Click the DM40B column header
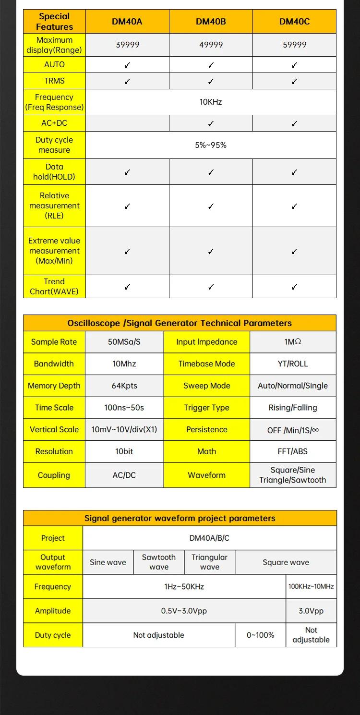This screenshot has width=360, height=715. [x=211, y=22]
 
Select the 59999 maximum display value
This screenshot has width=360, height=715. [x=294, y=45]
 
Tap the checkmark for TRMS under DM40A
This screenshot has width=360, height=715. [x=127, y=81]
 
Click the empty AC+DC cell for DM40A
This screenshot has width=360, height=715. [x=127, y=123]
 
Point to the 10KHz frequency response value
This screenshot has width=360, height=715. [x=211, y=102]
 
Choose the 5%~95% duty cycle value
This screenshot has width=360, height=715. [x=211, y=145]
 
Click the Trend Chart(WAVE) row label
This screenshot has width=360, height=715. [x=54, y=287]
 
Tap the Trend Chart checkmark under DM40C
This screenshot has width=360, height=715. [x=294, y=287]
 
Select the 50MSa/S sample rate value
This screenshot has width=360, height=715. [x=124, y=342]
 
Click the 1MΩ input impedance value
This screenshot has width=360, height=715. [x=293, y=342]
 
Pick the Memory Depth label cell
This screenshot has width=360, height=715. [x=54, y=386]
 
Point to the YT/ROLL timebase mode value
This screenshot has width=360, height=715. [x=293, y=364]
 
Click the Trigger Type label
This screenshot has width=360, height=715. [x=206, y=408]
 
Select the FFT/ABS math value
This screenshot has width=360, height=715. [x=293, y=451]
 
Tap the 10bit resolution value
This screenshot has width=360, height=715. [x=124, y=451]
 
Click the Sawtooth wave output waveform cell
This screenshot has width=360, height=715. [x=159, y=562]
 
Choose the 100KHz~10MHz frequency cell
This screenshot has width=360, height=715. [x=311, y=586]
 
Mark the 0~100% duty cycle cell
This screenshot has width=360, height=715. [x=260, y=635]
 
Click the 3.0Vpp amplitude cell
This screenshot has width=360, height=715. [x=311, y=611]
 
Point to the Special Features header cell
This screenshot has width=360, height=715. [x=54, y=22]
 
